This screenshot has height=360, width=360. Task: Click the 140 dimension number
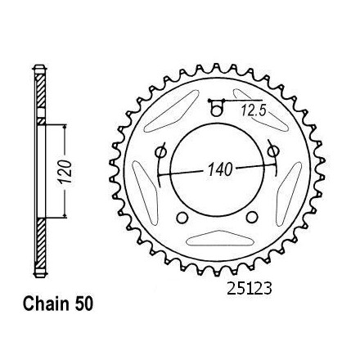tap(220, 169)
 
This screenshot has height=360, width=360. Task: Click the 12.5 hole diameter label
tap(254, 111)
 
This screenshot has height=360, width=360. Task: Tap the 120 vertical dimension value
tap(65, 172)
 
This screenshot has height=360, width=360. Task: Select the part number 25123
tap(250, 289)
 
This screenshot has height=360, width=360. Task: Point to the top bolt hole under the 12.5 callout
tap(216, 110)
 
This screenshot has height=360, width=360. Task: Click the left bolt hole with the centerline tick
tap(160, 152)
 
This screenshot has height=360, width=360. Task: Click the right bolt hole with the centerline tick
tap(272, 151)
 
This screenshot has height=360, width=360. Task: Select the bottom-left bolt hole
tap(182, 218)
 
